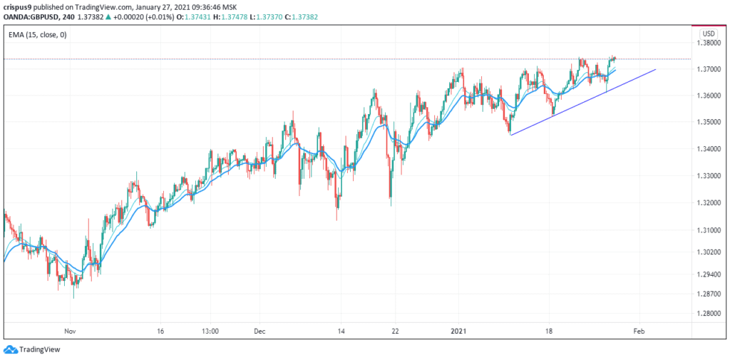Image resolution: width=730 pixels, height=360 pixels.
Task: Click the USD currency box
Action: tap(708, 34)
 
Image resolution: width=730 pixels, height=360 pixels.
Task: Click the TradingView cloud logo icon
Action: tap(10, 349)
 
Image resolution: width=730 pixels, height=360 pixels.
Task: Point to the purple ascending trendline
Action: tap(583, 103)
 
